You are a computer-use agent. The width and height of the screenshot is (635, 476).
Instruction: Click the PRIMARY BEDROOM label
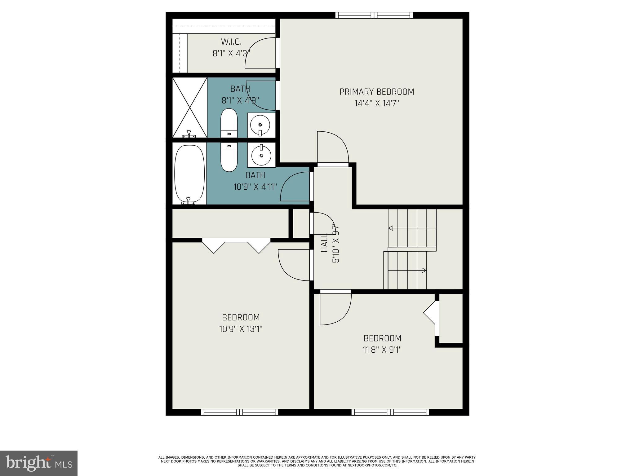point(376,92)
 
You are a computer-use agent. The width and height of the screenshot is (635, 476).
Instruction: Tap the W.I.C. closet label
point(231,42)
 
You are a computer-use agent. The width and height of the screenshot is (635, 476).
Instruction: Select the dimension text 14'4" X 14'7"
point(376,104)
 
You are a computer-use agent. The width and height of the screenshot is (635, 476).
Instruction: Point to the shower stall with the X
point(189,107)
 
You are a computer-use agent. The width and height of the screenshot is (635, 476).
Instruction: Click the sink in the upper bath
point(261,125)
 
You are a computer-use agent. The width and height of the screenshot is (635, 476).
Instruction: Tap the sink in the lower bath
point(261,155)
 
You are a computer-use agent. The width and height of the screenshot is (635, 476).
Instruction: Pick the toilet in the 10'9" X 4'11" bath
point(229,157)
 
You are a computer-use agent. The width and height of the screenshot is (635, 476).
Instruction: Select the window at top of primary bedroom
point(374,15)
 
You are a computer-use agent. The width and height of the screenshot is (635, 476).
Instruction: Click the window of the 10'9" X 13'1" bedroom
point(239,412)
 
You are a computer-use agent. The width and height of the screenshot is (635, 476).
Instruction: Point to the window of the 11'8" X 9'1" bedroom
point(390,412)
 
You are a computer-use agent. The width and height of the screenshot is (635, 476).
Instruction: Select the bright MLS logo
point(39,463)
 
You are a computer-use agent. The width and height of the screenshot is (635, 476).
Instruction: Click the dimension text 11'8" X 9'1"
point(382,350)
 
